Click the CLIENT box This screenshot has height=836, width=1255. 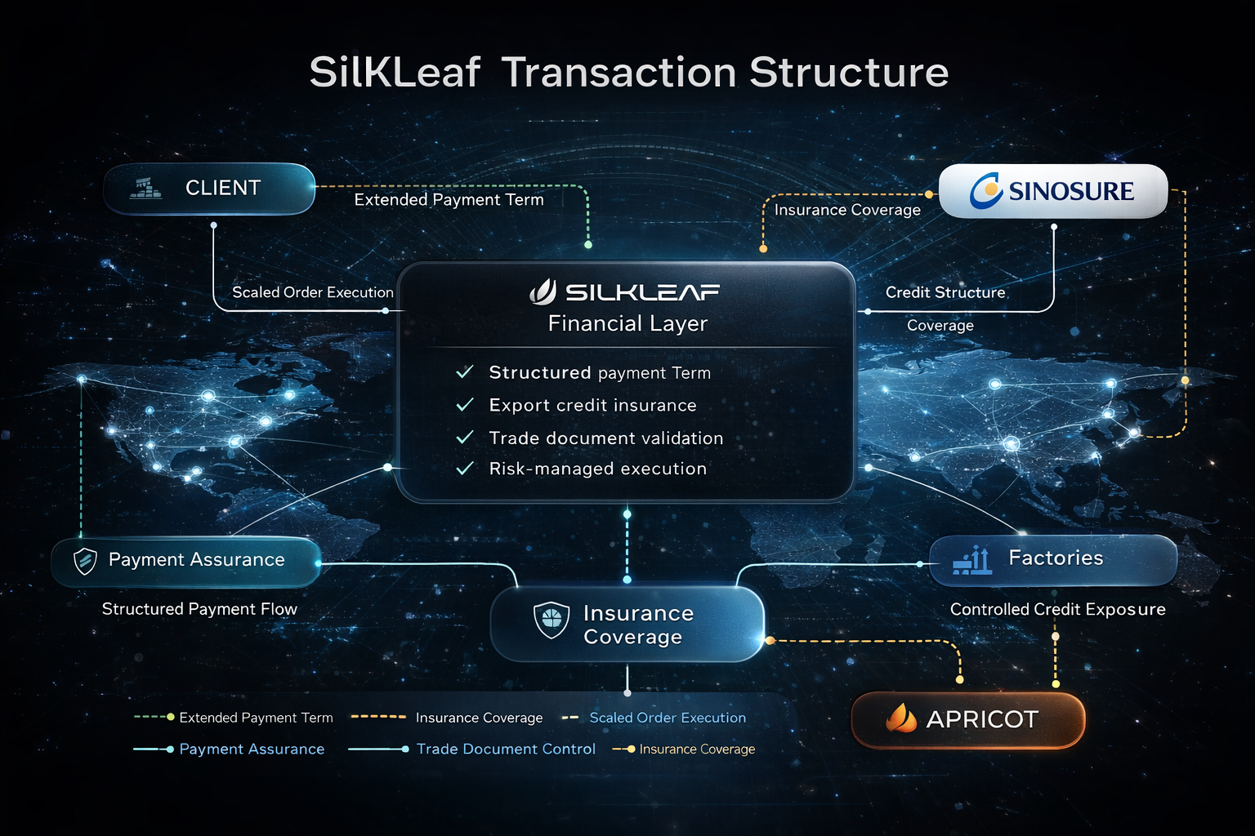[209, 189]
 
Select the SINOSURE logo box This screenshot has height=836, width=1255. [1053, 191]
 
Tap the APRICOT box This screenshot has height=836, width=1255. [968, 719]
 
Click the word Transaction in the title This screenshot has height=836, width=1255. [619, 73]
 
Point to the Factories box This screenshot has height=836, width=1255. [1053, 559]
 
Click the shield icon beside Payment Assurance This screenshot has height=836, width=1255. [85, 561]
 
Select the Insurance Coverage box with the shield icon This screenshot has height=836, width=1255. [627, 625]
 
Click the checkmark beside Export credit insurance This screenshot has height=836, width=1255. [465, 405]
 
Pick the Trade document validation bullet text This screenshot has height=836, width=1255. [605, 438]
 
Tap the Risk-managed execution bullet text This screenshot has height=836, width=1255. [597, 469]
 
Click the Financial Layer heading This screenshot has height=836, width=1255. [627, 324]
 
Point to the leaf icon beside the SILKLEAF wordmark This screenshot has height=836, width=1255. [543, 291]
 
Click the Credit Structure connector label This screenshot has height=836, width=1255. [945, 292]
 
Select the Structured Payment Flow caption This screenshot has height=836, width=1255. [199, 609]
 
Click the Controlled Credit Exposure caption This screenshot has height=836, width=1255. [1057, 609]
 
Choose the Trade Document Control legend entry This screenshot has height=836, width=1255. [505, 749]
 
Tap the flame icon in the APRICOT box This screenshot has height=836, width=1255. [901, 718]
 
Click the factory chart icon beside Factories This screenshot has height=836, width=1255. [973, 560]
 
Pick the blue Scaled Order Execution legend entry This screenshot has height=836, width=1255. [667, 718]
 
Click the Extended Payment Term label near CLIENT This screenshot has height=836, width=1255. [449, 200]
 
